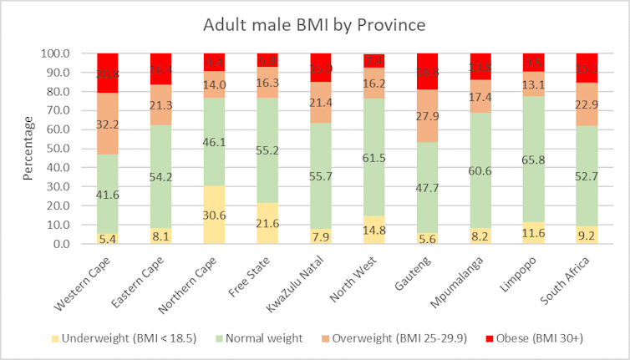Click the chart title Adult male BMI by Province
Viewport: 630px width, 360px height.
(x=314, y=25)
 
